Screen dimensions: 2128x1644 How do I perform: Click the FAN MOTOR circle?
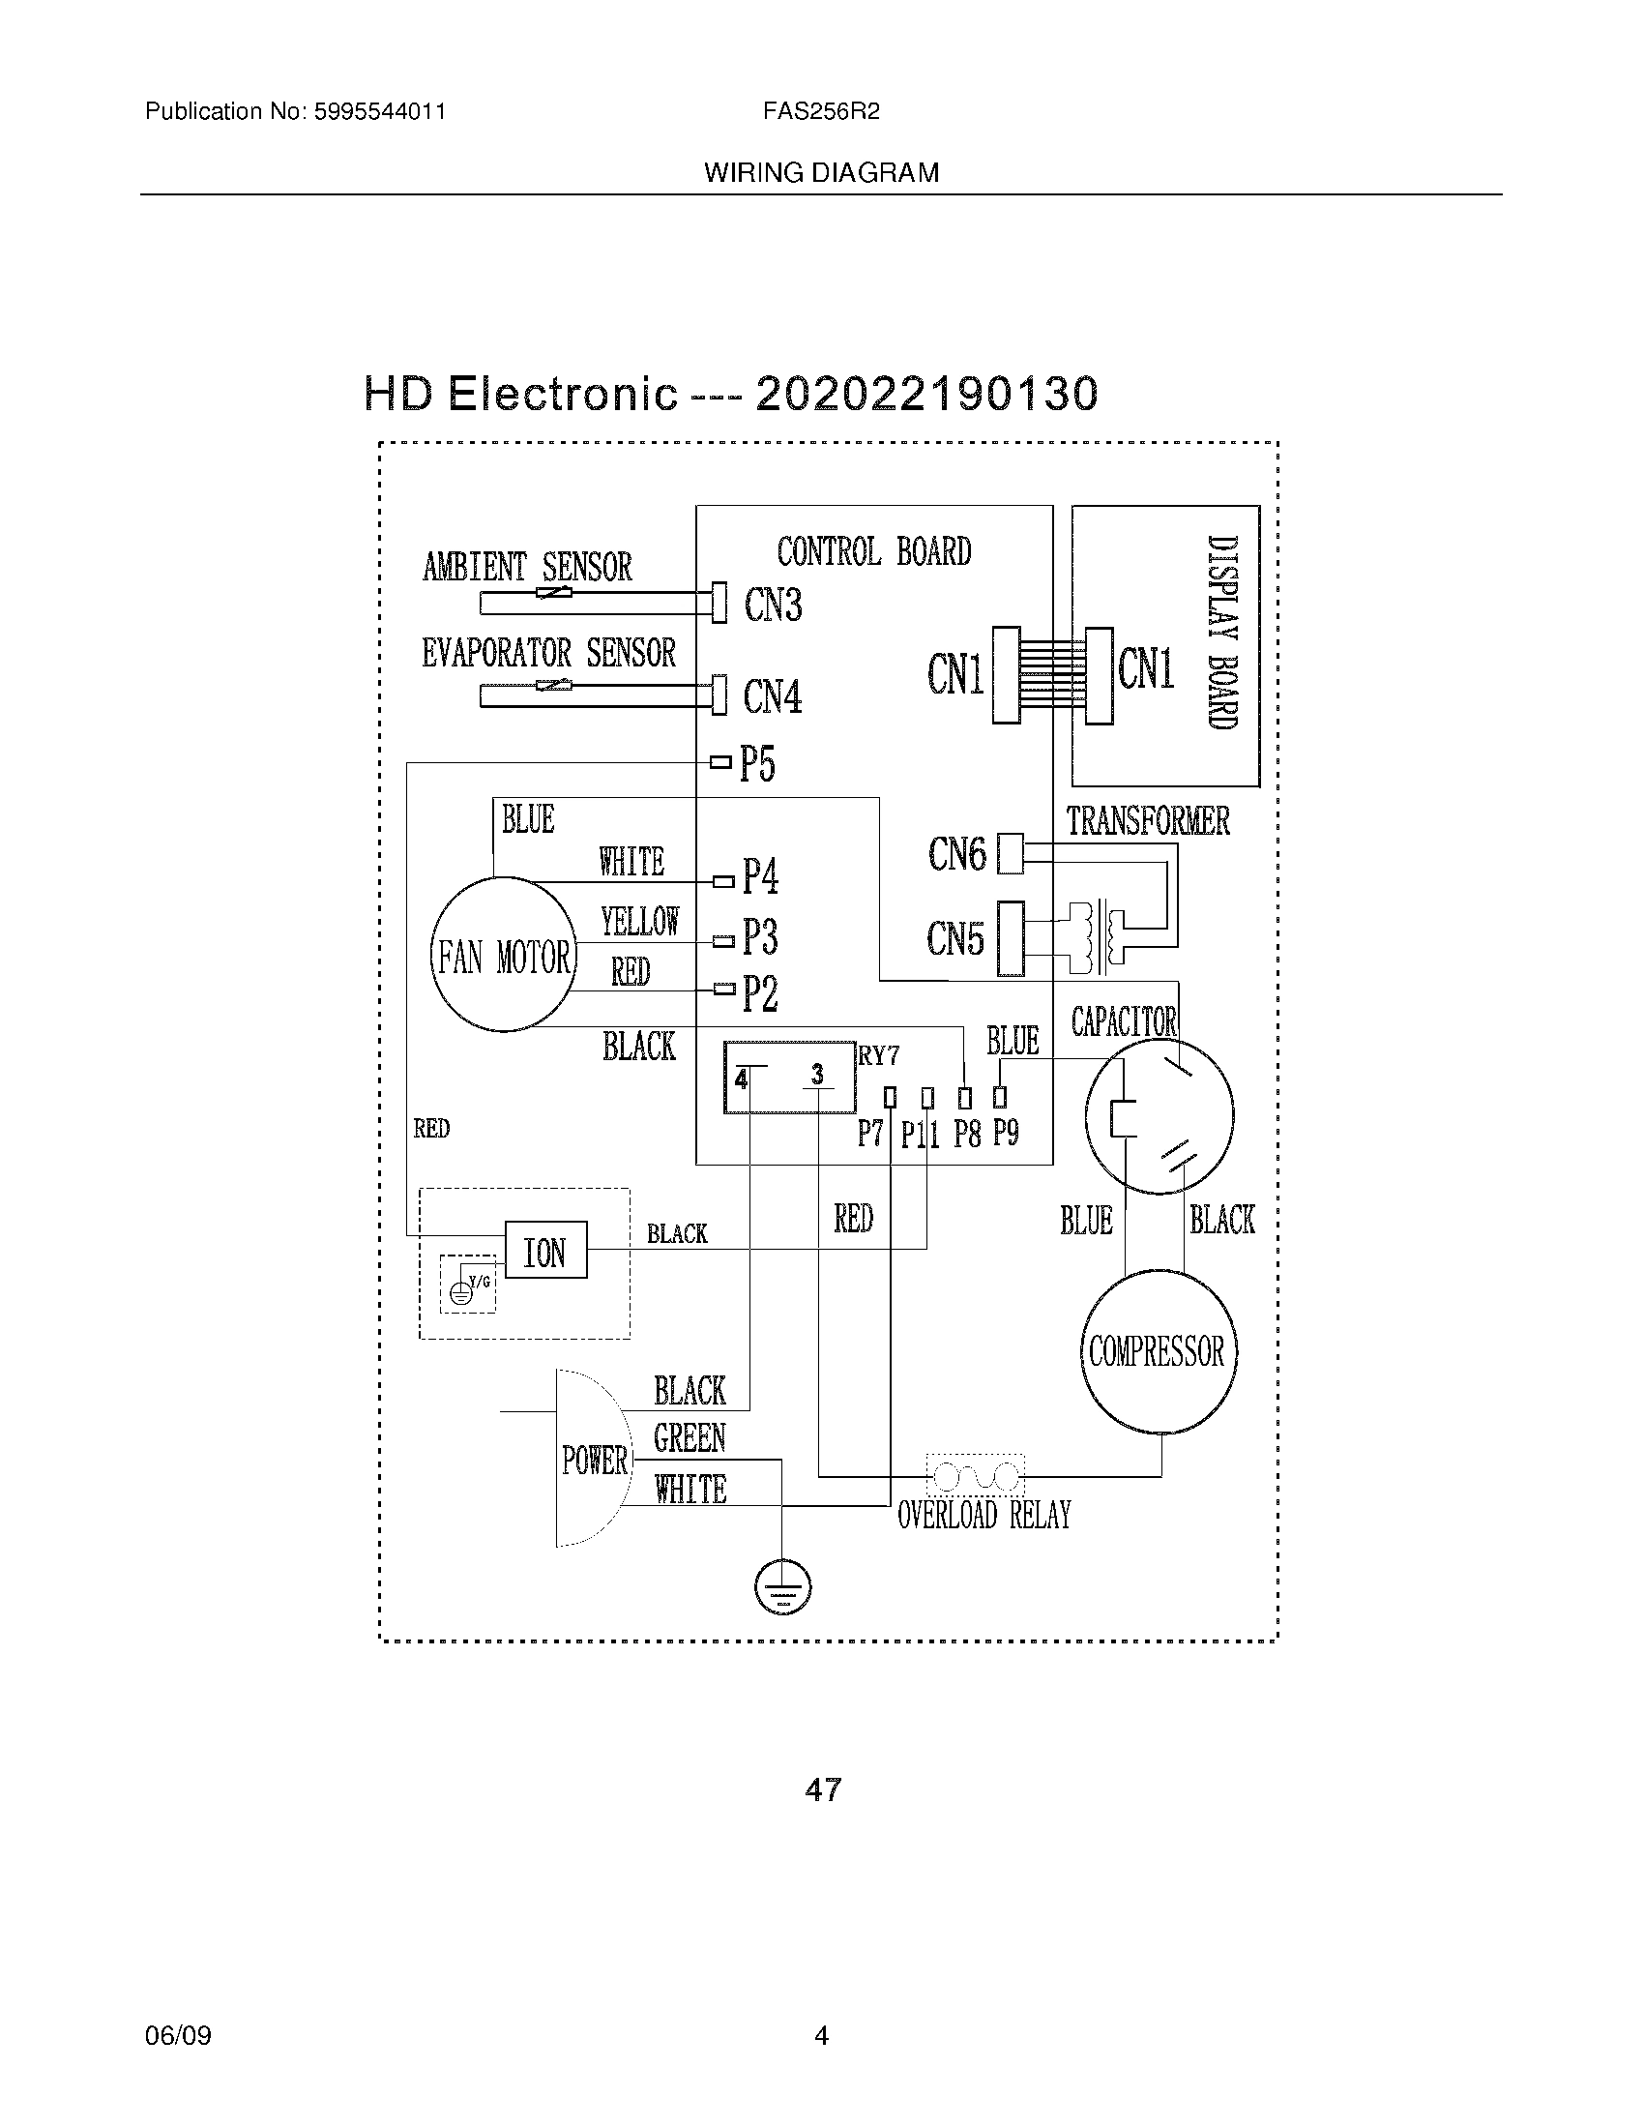coord(504,955)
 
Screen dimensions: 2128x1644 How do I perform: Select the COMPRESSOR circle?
coord(1157,1351)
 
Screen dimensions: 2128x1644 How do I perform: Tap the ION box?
coord(545,1251)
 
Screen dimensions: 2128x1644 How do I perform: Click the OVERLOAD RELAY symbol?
coord(975,1477)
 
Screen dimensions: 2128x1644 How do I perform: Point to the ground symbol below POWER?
coord(782,1588)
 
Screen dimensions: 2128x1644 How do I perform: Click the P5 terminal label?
coord(757,763)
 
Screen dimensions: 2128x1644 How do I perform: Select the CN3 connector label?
coord(773,605)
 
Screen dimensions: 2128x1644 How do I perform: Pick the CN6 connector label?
coord(956,854)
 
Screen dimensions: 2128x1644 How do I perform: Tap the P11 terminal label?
coord(920,1135)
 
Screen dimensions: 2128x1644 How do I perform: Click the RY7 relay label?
coord(878,1056)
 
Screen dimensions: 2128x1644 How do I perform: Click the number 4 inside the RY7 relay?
coord(742,1079)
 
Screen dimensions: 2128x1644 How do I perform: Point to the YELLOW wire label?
coord(640,921)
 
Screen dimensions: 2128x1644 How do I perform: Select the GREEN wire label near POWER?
coord(690,1438)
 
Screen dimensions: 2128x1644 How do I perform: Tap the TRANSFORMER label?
coord(1147,820)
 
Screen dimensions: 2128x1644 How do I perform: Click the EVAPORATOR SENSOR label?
coord(548,652)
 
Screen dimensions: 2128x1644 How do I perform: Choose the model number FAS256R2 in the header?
coord(821,111)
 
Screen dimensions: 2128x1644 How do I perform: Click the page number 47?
coord(823,1789)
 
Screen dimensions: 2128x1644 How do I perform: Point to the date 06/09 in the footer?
coord(178,2035)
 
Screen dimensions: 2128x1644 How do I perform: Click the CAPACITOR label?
coord(1124,1021)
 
